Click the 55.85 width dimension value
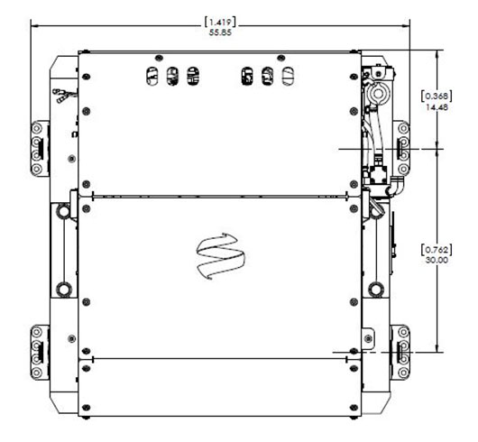pyautogui.click(x=220, y=32)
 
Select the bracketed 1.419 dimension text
pyautogui.click(x=220, y=22)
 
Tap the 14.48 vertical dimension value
pyautogui.click(x=437, y=107)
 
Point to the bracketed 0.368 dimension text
pyautogui.click(x=437, y=97)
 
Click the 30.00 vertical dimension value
pyautogui.click(x=437, y=260)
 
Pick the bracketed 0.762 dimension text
pyautogui.click(x=437, y=250)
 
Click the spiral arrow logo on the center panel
pyautogui.click(x=220, y=256)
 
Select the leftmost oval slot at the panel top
pyautogui.click(x=152, y=76)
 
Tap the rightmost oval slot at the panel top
pyautogui.click(x=288, y=76)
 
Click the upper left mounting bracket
pyautogui.click(x=40, y=149)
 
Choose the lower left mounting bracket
pyautogui.click(x=40, y=353)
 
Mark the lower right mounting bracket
pyautogui.click(x=400, y=353)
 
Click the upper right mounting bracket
pyautogui.click(x=401, y=149)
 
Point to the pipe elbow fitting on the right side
pyautogui.click(x=395, y=186)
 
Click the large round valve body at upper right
pyautogui.click(x=378, y=93)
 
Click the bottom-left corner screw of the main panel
pyautogui.click(x=87, y=408)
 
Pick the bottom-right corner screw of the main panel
pyautogui.click(x=354, y=408)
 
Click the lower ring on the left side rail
pyautogui.click(x=64, y=289)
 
